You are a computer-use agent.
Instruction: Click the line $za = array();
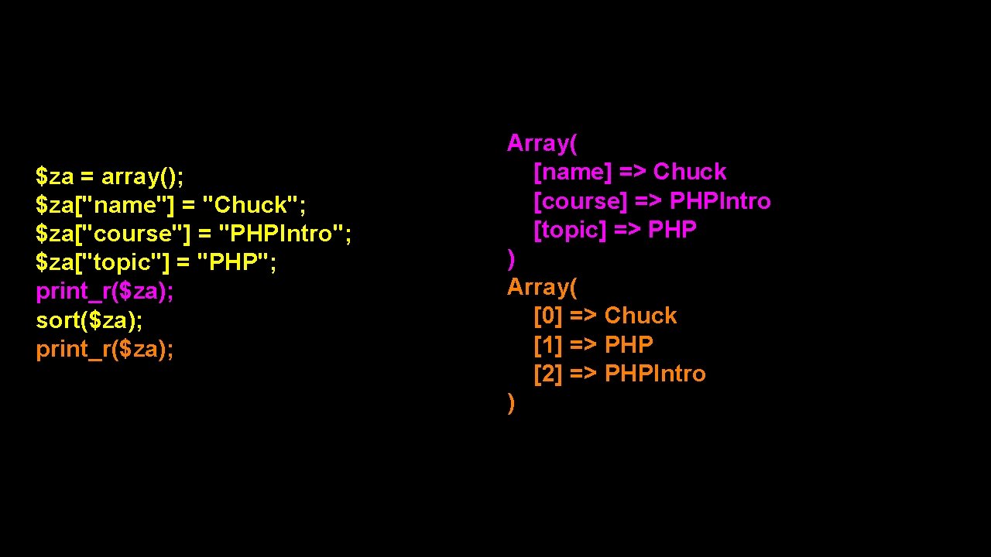[110, 176]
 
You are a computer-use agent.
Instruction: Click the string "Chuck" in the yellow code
[253, 205]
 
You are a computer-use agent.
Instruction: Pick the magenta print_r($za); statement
[105, 292]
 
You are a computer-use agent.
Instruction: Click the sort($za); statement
[89, 320]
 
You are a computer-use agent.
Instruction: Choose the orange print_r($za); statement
[105, 349]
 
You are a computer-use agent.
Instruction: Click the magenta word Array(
[542, 143]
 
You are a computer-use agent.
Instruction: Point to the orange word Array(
[542, 287]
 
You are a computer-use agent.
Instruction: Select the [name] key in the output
[572, 172]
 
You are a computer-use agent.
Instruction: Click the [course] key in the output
[581, 201]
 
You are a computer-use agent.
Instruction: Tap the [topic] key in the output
[570, 230]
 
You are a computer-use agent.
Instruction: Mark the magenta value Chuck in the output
[690, 172]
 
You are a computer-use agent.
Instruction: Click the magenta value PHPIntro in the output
[720, 201]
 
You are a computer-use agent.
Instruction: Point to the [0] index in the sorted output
[548, 316]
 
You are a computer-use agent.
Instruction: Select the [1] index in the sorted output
[548, 344]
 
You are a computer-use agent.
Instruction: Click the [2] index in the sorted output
[548, 374]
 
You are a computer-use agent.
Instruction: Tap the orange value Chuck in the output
[640, 316]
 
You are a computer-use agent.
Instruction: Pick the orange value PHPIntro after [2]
[655, 374]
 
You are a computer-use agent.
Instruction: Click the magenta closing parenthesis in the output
[511, 259]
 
